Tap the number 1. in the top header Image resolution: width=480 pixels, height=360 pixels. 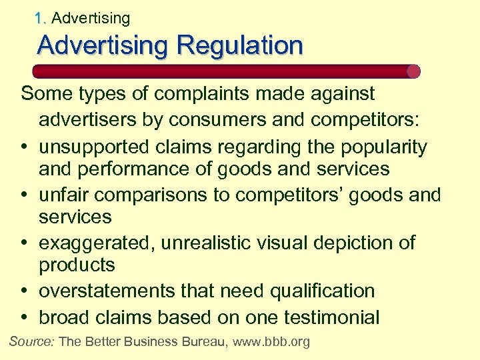click(41, 18)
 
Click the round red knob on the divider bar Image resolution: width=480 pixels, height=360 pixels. click(413, 71)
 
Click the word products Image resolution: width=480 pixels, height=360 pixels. click(77, 265)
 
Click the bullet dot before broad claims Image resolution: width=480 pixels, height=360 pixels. click(25, 317)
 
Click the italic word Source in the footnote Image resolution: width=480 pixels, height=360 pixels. click(32, 342)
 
